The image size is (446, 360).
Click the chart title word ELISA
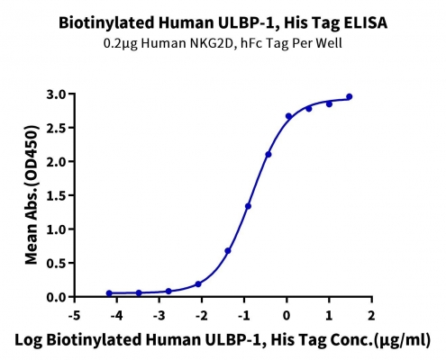click(365, 22)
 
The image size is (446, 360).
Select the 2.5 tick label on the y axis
click(57, 128)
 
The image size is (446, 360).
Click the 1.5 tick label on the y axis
click(57, 195)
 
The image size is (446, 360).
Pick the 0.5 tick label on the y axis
click(57, 263)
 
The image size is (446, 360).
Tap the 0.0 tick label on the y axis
click(57, 297)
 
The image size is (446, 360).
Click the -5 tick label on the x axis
click(75, 316)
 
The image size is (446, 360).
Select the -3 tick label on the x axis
click(159, 316)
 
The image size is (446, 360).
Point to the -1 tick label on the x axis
click(244, 316)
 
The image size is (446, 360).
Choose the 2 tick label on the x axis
click(372, 316)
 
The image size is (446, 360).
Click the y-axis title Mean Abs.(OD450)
click(32, 195)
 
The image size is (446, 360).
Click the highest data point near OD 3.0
click(350, 96)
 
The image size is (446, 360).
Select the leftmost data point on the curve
click(109, 293)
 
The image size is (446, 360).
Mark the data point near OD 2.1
click(269, 155)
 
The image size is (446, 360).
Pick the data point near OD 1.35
click(248, 206)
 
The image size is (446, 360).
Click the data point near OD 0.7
click(228, 250)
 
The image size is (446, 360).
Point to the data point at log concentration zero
click(288, 116)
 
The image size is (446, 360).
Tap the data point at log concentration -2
click(198, 283)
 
